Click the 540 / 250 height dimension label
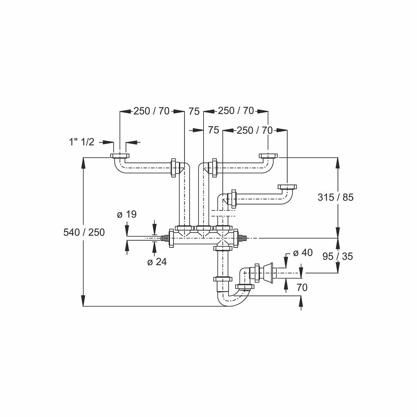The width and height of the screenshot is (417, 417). tap(84, 232)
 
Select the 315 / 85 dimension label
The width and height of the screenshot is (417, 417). tap(336, 197)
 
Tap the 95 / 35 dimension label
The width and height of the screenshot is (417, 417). tap(338, 256)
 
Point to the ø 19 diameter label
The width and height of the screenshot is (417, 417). tap(127, 214)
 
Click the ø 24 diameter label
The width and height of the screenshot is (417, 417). tap(157, 262)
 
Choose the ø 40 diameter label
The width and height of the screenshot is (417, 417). tap(303, 253)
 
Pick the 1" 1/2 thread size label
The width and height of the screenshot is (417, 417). tap(82, 142)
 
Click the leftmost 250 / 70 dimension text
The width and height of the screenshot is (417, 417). tap(151, 111)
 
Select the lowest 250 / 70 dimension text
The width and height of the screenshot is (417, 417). tap(255, 130)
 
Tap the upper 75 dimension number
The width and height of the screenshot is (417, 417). tap(194, 111)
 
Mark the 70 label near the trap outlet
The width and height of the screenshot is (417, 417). tap(302, 288)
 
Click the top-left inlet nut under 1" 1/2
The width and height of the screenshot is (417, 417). tap(120, 156)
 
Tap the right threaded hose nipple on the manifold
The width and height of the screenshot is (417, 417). tap(242, 238)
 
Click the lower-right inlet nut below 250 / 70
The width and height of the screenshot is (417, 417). tap(287, 187)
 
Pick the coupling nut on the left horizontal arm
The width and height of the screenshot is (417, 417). tap(174, 168)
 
